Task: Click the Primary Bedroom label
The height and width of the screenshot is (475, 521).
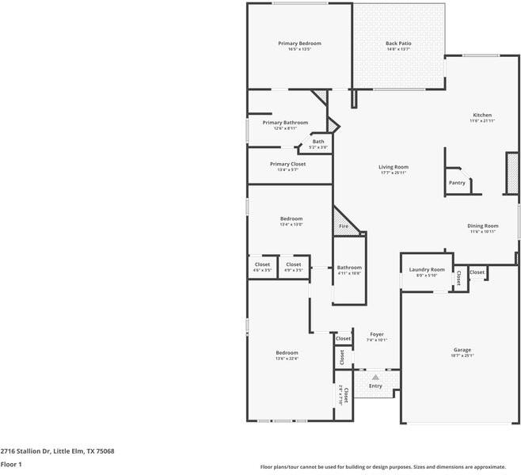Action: coord(299,44)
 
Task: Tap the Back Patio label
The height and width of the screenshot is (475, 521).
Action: coord(398,44)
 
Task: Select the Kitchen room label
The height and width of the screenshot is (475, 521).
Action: coord(482,116)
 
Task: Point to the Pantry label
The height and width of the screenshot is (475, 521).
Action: coord(457,183)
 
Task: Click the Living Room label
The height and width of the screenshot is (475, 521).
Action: coord(393,167)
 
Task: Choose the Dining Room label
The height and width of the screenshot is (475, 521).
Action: coord(483,226)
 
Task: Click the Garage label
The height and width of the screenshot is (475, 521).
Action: coord(462,350)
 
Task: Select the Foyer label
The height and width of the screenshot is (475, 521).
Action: coord(377,335)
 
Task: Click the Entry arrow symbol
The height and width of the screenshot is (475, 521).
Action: coord(375,378)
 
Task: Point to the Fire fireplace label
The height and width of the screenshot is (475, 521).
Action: coord(344,226)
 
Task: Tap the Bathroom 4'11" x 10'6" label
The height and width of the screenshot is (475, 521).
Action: coord(349,268)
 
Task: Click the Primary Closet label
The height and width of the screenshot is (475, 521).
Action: coord(287,164)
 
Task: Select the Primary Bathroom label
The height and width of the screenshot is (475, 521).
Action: coord(285,123)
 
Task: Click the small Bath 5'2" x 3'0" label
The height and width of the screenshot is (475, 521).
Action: coord(318,142)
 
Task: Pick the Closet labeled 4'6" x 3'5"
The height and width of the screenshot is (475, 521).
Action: coord(262,264)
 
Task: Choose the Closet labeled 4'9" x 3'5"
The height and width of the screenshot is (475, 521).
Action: coord(294,264)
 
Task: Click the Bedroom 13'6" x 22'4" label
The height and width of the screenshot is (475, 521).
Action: coord(287,353)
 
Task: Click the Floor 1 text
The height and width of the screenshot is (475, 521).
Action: coord(11,465)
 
